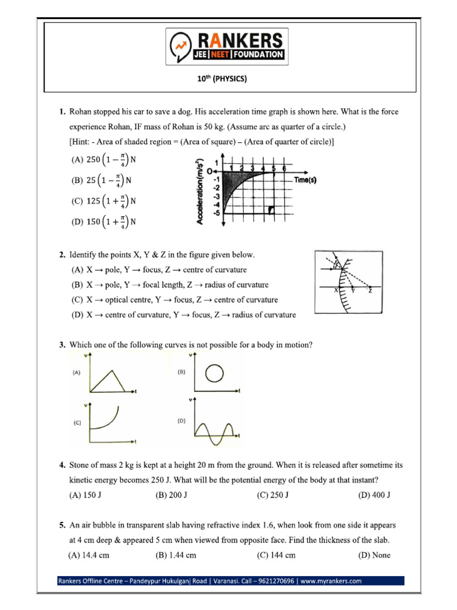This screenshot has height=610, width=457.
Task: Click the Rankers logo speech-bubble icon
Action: [x=181, y=46]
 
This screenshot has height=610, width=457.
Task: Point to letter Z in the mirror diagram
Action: [x=370, y=290]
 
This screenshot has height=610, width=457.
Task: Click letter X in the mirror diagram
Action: [x=336, y=290]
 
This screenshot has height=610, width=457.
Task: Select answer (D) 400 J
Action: [x=374, y=494]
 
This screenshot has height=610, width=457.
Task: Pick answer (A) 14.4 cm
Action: [x=89, y=555]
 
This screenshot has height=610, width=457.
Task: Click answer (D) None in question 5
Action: [x=374, y=555]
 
